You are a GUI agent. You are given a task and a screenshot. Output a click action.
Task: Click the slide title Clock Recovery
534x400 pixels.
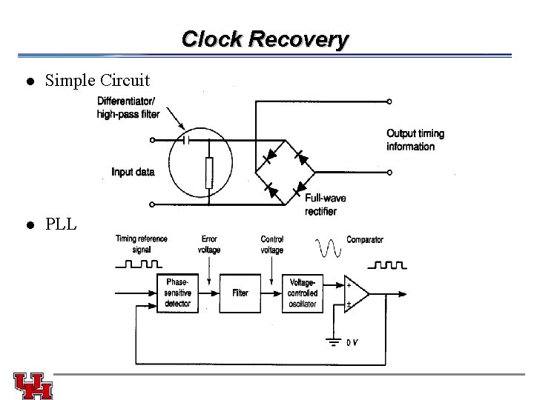264,39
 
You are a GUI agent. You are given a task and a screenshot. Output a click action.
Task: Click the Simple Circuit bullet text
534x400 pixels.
97,80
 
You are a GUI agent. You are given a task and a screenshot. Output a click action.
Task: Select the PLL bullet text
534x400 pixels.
61,224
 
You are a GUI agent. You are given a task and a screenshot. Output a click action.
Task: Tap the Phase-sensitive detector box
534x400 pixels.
178,293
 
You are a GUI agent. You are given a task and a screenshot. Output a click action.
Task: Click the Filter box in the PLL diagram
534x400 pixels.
240,293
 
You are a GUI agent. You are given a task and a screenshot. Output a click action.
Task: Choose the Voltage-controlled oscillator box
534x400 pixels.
303,293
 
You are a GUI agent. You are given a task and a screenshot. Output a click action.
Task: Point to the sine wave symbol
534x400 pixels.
328,247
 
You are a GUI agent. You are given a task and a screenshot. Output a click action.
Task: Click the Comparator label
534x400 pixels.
365,240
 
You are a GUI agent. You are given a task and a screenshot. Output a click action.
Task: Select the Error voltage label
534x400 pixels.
209,244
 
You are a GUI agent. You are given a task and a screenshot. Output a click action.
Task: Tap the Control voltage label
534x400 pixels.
272,244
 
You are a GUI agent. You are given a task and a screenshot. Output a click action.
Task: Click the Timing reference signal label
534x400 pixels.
141,244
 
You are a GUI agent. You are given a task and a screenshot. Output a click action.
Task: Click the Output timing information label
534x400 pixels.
415,140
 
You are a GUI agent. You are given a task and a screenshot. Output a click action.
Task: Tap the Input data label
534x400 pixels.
133,173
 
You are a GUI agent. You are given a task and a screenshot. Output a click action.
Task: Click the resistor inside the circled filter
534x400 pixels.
209,172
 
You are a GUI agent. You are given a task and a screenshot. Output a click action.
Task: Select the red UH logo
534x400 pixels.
33,384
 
